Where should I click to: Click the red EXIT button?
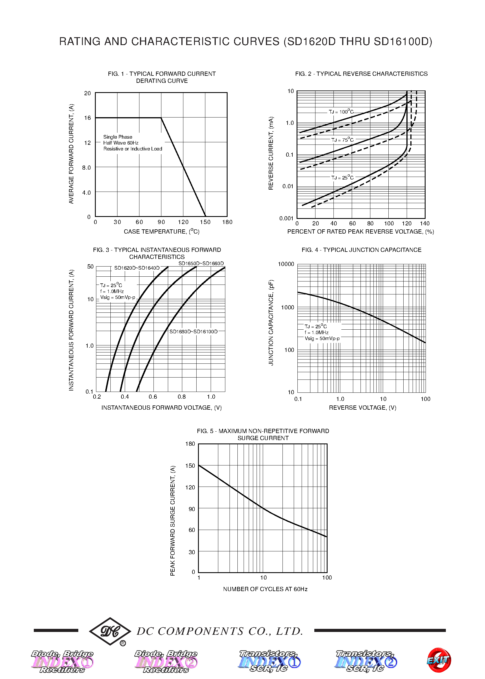pyautogui.click(x=439, y=660)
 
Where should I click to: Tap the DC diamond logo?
pyautogui.click(x=110, y=631)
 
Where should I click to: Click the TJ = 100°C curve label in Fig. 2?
pyautogui.click(x=341, y=112)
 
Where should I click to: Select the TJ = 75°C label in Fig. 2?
pyautogui.click(x=342, y=140)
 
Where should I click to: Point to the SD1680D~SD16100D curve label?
pyautogui.click(x=193, y=332)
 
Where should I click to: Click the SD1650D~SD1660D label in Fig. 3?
pyautogui.click(x=201, y=263)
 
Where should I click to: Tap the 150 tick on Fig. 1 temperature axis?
pyautogui.click(x=205, y=222)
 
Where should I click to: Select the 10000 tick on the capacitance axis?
pyautogui.click(x=286, y=264)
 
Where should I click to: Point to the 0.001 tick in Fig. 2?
pyautogui.click(x=286, y=218)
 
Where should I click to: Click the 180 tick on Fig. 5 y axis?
pyautogui.click(x=190, y=444)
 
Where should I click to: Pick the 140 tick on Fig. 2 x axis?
pyautogui.click(x=424, y=223)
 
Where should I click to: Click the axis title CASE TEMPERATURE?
pyautogui.click(x=162, y=232)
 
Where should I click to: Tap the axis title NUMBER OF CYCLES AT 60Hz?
pyautogui.click(x=265, y=589)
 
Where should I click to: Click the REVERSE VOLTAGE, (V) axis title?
pyautogui.click(x=362, y=408)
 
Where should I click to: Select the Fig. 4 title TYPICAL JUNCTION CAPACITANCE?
pyautogui.click(x=361, y=250)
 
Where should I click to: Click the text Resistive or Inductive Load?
pyautogui.click(x=133, y=149)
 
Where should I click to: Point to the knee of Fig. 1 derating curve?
pyautogui.click(x=161, y=118)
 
